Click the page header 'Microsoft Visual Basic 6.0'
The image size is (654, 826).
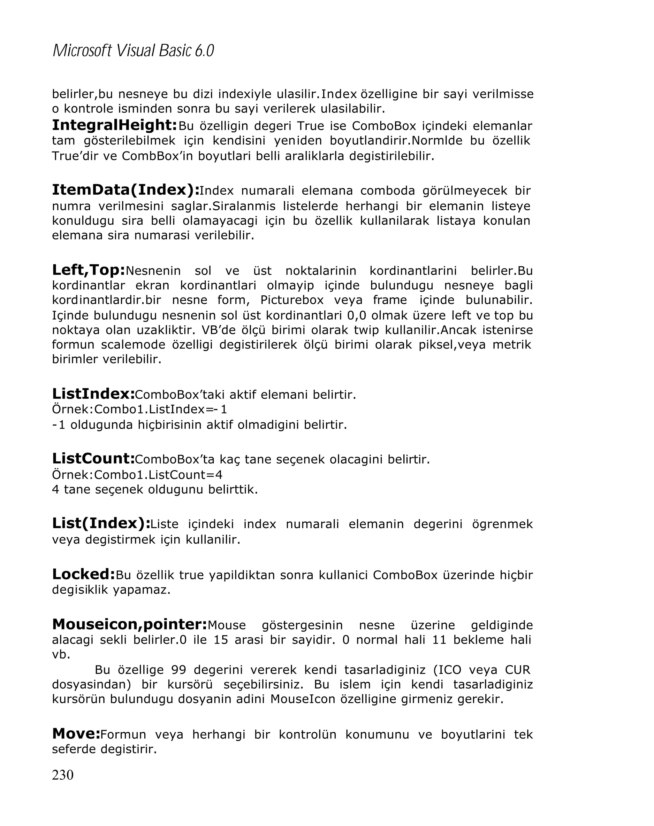[x=133, y=51]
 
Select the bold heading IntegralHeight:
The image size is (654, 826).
[x=114, y=125]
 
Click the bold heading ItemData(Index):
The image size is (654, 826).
[x=125, y=190]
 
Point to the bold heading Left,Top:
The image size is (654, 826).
[x=88, y=270]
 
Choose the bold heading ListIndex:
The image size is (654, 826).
[x=93, y=394]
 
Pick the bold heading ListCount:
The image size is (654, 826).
[x=93, y=459]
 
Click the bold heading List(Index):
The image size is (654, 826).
[x=101, y=523]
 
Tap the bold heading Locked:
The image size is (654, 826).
[x=83, y=574]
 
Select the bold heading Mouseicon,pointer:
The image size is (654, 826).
[x=129, y=625]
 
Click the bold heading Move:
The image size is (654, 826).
[x=76, y=734]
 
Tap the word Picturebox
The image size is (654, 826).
[x=292, y=300]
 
